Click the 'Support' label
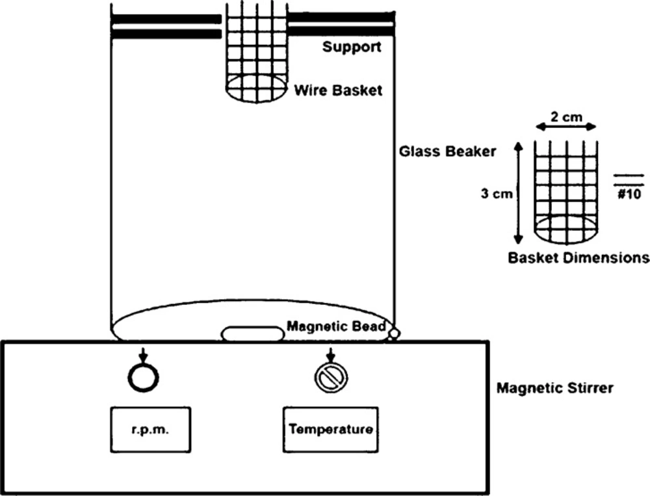point(352,47)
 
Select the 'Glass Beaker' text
point(448,151)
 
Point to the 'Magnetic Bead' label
point(337,327)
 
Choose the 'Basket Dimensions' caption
point(578,257)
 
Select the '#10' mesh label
point(629,194)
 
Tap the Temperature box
point(330,430)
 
